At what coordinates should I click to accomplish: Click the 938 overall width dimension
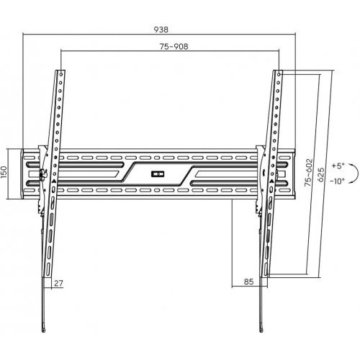pos(161,30)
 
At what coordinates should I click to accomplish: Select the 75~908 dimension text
pos(174,47)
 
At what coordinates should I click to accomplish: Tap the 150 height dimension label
pos(4,172)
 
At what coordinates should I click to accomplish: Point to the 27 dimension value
pos(58,284)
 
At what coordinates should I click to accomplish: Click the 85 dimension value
pos(248,282)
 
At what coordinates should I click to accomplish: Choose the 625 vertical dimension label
pos(321,175)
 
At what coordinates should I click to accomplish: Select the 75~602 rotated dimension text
pos(309,172)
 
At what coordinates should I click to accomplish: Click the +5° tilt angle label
pos(338,166)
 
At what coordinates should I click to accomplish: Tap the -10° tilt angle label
pos(337,181)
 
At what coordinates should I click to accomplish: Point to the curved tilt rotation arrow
pos(358,174)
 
